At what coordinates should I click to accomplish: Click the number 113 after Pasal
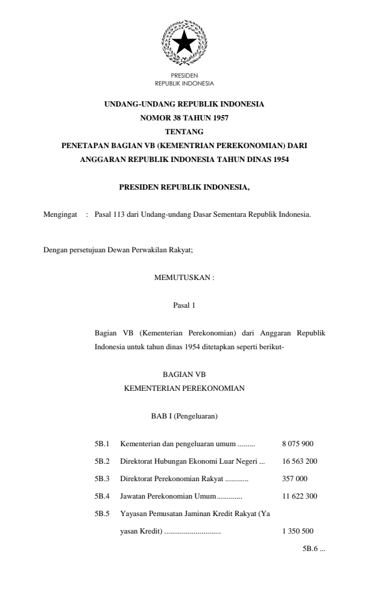(x=110, y=214)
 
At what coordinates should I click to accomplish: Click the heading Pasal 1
(x=184, y=305)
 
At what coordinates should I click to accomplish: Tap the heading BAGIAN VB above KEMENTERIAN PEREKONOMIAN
(x=184, y=375)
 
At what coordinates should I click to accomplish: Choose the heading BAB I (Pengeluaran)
(x=184, y=416)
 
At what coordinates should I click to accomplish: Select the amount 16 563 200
(x=300, y=462)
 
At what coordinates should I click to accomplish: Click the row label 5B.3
(x=102, y=479)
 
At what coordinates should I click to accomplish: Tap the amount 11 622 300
(x=300, y=497)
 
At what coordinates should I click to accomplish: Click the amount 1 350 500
(x=297, y=531)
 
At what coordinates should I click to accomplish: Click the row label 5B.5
(x=102, y=514)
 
